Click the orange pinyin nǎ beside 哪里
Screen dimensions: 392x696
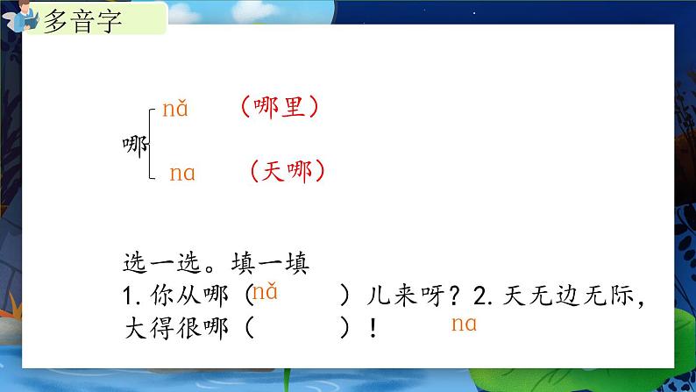174,110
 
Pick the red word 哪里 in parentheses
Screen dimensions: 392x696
279,107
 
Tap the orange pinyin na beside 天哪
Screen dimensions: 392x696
181,174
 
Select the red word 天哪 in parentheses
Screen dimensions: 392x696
287,170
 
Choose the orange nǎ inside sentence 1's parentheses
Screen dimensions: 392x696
265,293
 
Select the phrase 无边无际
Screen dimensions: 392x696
586,296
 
